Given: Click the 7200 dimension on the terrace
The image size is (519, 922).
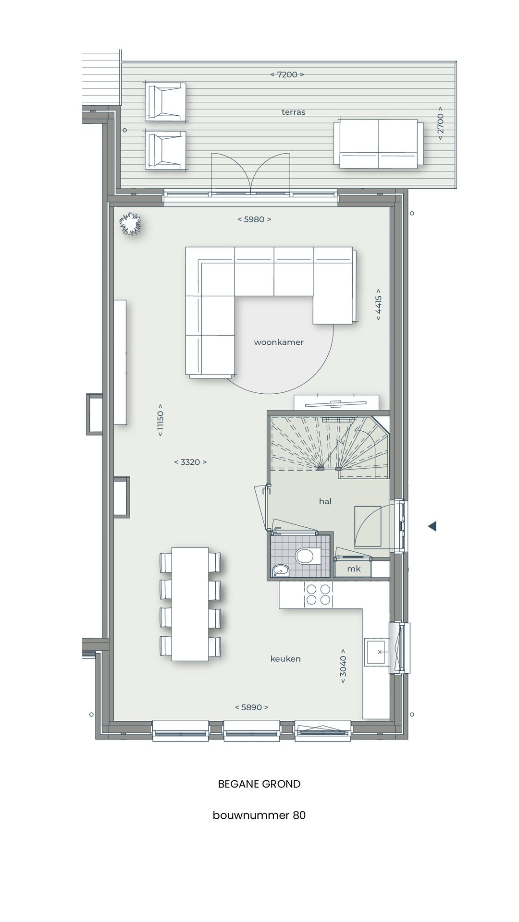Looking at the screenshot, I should point(287,74).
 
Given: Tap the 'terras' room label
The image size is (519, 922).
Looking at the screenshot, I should point(293,112).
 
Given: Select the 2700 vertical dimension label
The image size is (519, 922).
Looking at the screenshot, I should point(440,123).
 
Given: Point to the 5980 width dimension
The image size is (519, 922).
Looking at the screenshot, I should point(254,219).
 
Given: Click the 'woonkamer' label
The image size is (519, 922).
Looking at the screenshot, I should point(279,342).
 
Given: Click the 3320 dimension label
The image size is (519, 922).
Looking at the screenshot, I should point(190,462).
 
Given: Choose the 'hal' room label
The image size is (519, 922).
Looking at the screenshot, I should point(325,501).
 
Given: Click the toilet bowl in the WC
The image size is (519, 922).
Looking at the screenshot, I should point(304,557).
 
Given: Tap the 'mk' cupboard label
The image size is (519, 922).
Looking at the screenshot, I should point(354,569).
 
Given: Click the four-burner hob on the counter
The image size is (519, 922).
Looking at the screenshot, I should point(318,594).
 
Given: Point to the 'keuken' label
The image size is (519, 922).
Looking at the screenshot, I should point(285,659).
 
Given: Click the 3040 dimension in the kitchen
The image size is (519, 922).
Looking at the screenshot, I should point(343,666).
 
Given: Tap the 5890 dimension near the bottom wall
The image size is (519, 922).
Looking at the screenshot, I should point(251,707).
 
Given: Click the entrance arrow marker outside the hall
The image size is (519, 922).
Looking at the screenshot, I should point(432,526).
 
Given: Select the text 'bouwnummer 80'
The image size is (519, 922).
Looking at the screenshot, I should point(259,815).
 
